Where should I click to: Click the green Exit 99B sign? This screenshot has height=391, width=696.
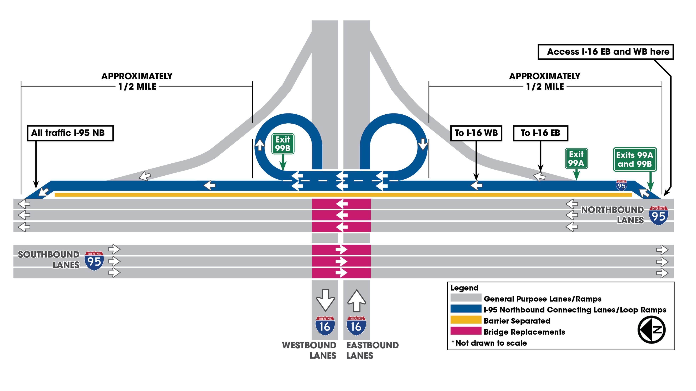283,144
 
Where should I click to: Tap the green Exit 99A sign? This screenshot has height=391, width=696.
576,158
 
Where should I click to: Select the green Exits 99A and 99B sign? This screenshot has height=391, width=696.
635,160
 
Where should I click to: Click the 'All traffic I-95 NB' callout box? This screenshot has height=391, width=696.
70,133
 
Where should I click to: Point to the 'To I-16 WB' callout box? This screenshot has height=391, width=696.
476,133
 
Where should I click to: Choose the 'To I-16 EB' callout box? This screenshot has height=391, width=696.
540,133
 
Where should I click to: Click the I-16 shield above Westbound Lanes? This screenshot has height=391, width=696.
325,326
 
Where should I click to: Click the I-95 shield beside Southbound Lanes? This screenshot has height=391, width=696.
94,260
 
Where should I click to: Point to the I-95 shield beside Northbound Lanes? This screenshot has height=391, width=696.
658,215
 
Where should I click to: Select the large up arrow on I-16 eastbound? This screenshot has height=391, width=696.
357,301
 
